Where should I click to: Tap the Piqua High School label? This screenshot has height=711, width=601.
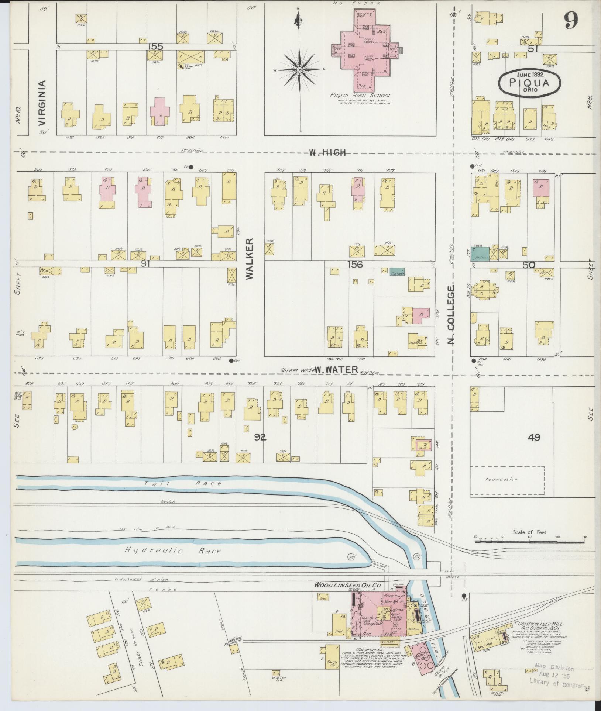(x=360, y=95)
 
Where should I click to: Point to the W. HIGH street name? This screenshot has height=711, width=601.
(x=327, y=152)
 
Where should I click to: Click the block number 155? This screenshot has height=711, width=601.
(x=155, y=46)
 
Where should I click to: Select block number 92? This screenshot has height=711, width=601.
(x=260, y=438)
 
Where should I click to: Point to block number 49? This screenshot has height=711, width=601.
(x=534, y=438)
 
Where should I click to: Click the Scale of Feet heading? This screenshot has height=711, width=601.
(x=530, y=532)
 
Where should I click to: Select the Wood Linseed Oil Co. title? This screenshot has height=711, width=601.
(x=347, y=585)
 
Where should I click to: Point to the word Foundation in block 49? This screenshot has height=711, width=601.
(x=501, y=480)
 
